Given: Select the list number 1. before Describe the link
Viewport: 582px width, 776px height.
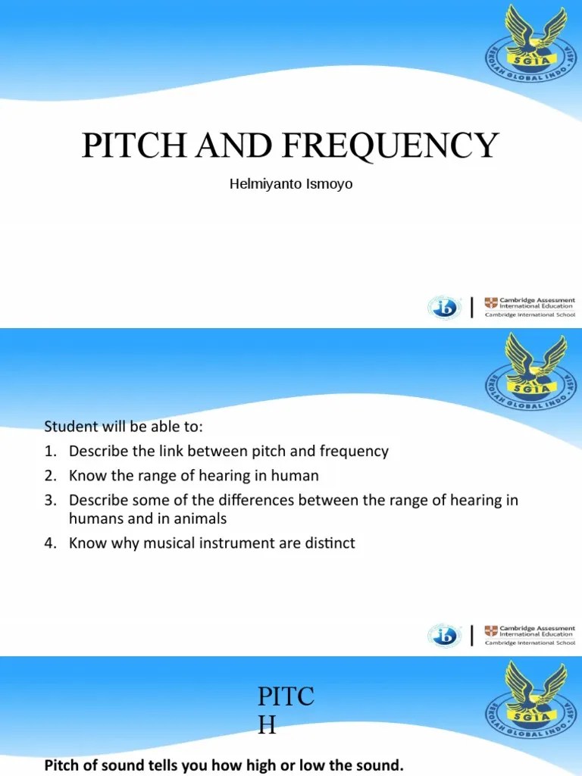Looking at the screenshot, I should click(x=50, y=452).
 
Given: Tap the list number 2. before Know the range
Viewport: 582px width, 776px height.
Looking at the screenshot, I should click(x=50, y=476).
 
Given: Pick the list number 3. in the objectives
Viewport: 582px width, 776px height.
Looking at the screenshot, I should click(x=50, y=500).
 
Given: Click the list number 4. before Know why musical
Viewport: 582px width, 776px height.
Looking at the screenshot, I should click(x=50, y=543).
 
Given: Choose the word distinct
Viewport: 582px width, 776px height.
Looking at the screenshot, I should click(x=329, y=543).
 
